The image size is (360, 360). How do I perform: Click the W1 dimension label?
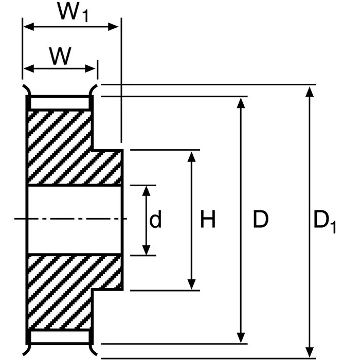tap(74, 13)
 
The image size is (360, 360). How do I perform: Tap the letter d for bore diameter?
tap(155, 221)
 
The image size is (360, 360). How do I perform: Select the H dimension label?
tap(207, 221)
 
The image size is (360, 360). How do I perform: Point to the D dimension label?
tap(261, 221)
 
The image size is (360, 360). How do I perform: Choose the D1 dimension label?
tap(325, 222)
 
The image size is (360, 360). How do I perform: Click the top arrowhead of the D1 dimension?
tap(309, 91)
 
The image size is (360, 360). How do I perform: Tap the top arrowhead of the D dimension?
tap(241, 102)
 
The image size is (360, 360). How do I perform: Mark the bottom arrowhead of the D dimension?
tap(241, 338)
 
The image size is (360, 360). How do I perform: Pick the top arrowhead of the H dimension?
tap(192, 157)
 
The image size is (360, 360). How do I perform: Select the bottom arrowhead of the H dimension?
tap(192, 284)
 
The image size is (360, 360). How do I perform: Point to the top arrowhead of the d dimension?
tap(148, 191)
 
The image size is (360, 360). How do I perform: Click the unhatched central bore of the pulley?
tap(75, 220)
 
